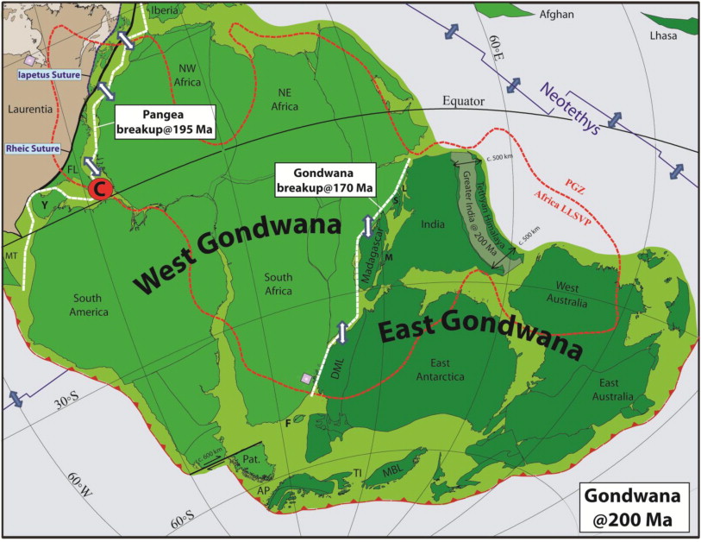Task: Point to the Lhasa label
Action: pos(676,37)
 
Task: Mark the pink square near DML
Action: pos(304,377)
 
